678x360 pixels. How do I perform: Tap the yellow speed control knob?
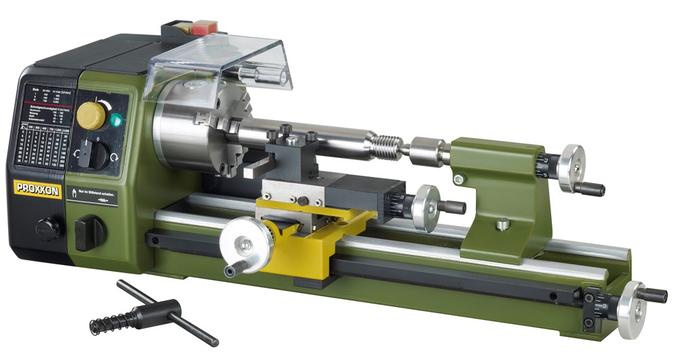click(x=91, y=116)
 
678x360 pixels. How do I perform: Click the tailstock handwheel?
click(x=572, y=163)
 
